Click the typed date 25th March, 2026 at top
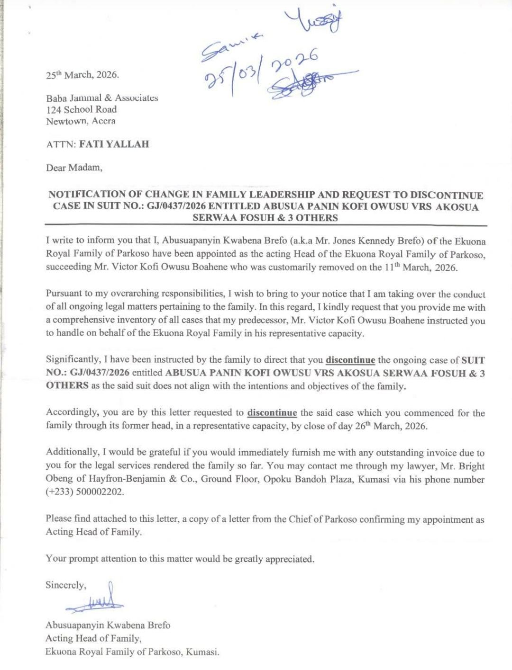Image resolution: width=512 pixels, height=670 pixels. point(82,75)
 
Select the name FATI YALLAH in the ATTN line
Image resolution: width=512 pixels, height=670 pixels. point(114,144)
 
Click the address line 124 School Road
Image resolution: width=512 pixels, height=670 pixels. point(81,109)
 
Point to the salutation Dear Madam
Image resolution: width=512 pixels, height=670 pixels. point(74,168)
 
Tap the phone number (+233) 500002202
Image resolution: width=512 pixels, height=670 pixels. point(85,491)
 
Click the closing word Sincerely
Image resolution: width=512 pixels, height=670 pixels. point(66,585)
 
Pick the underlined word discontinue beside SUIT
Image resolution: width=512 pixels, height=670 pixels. point(350,360)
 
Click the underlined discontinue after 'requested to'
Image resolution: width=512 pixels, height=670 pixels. point(272,412)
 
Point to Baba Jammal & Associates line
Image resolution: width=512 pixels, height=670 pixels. point(102,98)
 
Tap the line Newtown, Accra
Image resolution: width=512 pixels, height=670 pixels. point(81,121)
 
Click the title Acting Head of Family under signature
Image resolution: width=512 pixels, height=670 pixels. point(93,638)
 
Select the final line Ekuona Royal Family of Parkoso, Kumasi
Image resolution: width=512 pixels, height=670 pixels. point(132,652)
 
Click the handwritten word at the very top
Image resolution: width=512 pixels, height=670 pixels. point(314,21)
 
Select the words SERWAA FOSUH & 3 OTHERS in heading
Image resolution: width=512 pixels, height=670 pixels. point(265,218)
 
